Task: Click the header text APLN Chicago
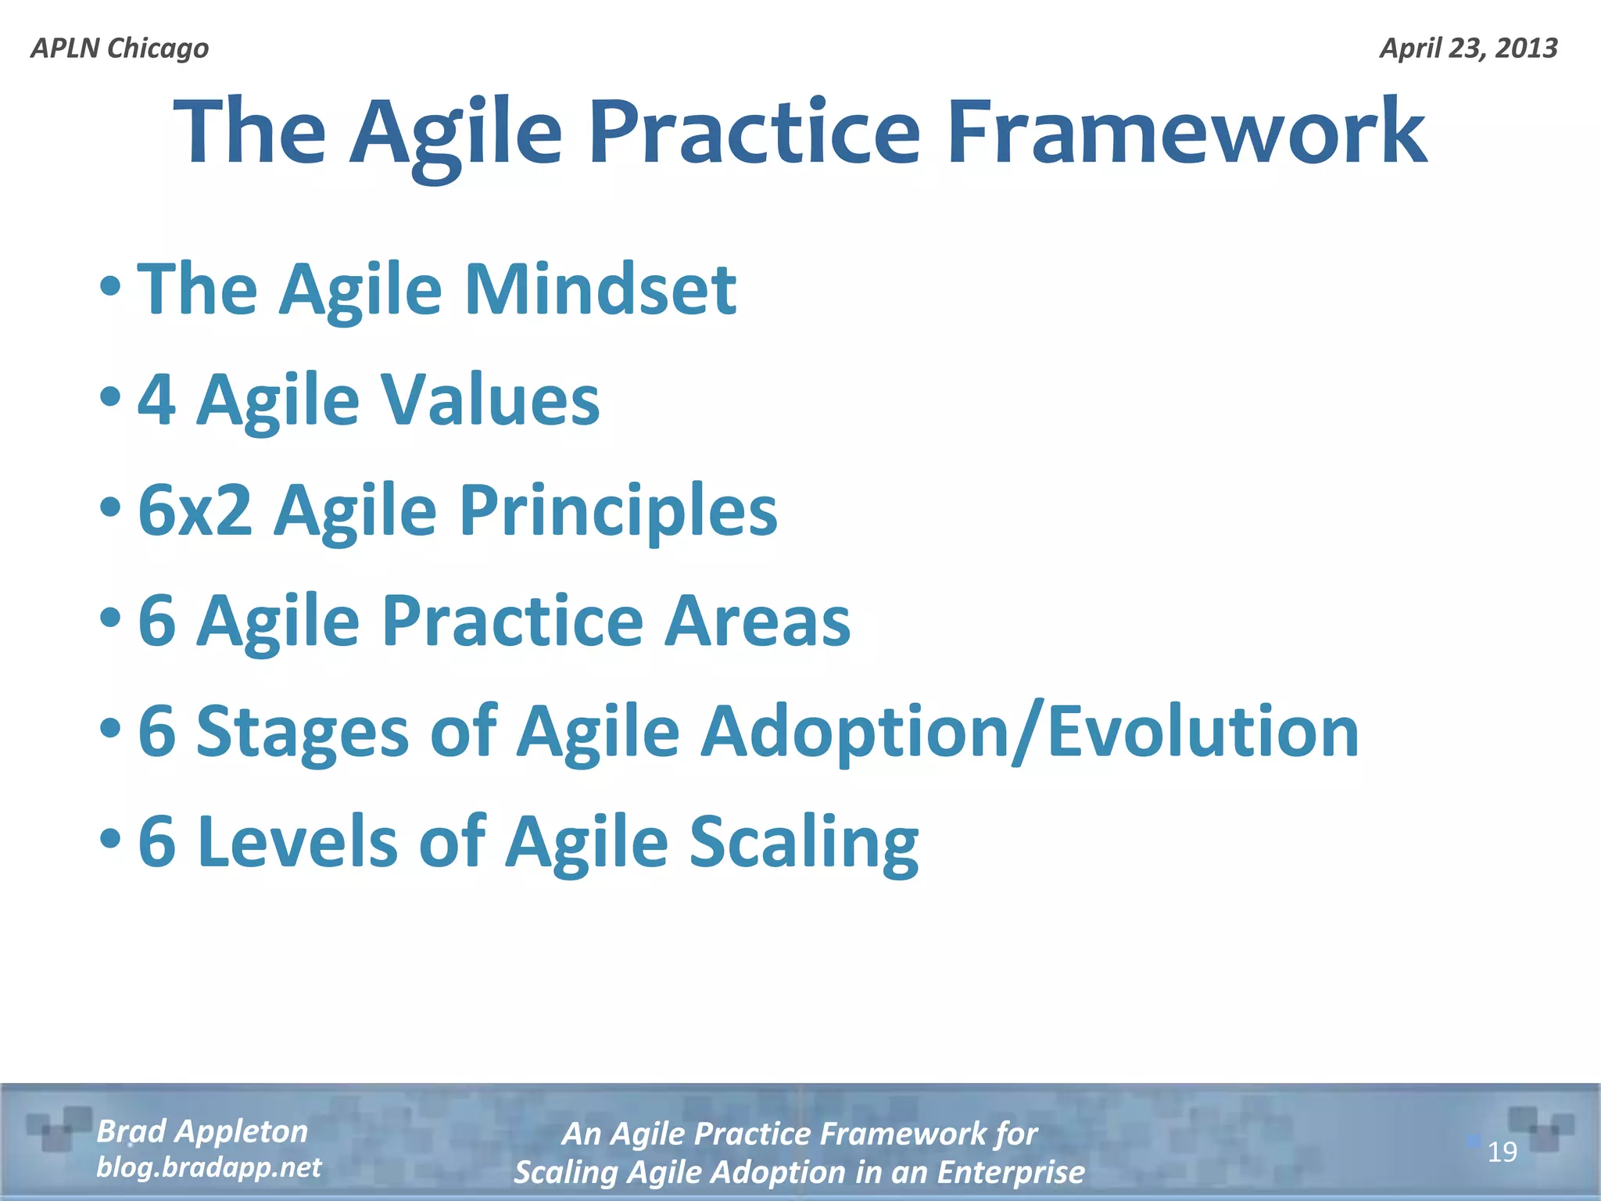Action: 120,48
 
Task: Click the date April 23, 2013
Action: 1468,48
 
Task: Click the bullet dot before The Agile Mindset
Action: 110,287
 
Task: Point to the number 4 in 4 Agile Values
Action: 156,400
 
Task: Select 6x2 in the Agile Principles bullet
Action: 195,511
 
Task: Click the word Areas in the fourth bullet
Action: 757,621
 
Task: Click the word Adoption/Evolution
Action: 1029,733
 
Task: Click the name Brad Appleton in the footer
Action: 202,1131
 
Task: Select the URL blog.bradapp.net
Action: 208,1167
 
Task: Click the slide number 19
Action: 1502,1153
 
